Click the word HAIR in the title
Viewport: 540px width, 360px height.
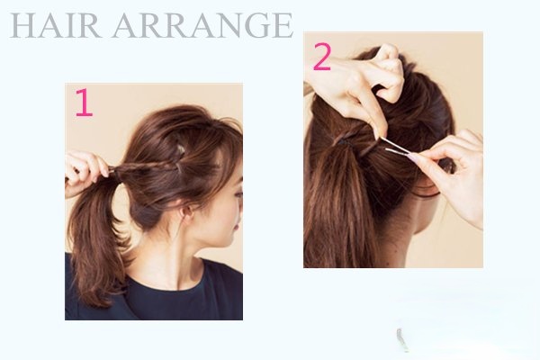pyautogui.click(x=56, y=25)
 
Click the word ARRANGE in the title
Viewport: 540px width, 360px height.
pyautogui.click(x=202, y=25)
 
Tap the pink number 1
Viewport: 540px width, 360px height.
pyautogui.click(x=85, y=103)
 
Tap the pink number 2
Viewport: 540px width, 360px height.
pyautogui.click(x=322, y=57)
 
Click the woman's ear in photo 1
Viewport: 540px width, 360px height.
pyautogui.click(x=187, y=211)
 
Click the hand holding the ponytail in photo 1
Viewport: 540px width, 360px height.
pyautogui.click(x=85, y=172)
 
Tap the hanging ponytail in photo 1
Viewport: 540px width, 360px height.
pyautogui.click(x=94, y=241)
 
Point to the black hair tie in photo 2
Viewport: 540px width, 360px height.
pyautogui.click(x=343, y=141)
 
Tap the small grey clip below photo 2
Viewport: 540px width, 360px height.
pyautogui.click(x=400, y=338)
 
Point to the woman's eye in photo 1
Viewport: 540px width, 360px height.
pyautogui.click(x=238, y=194)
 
